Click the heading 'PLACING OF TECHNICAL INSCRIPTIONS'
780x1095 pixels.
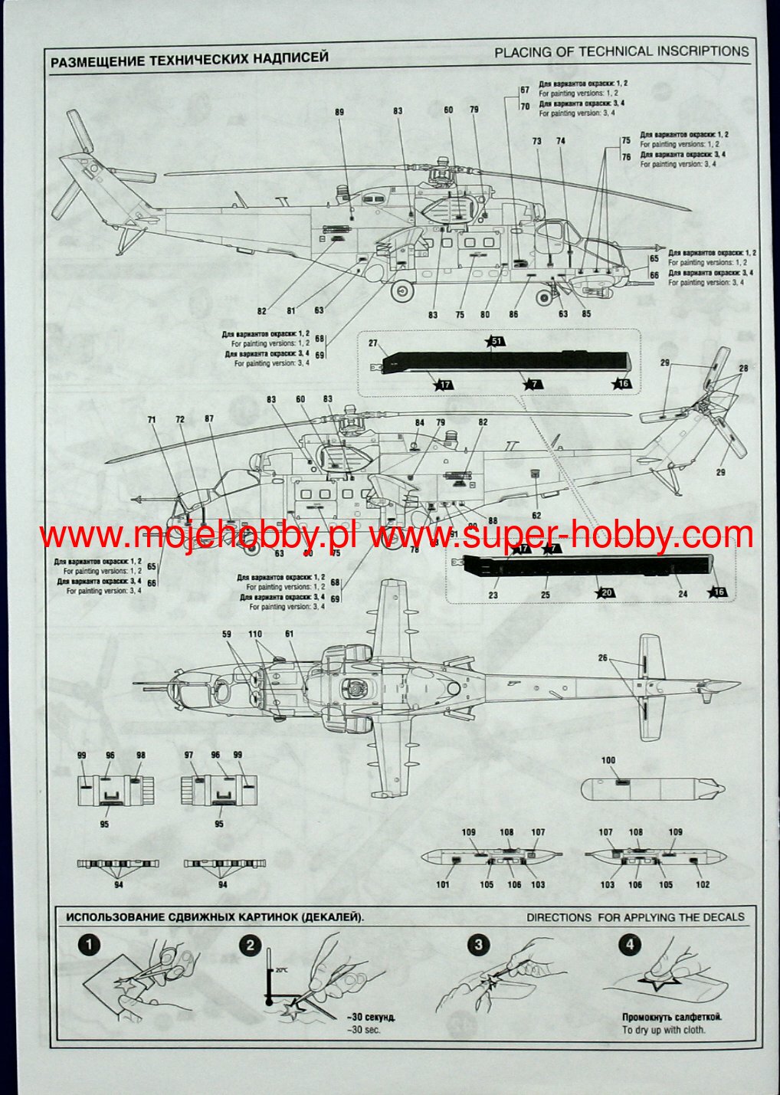click(621, 52)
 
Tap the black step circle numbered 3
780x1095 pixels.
click(479, 945)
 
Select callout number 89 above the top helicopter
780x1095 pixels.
click(339, 113)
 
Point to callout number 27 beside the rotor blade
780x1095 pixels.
click(373, 343)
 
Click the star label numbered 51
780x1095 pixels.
click(496, 341)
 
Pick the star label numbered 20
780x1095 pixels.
click(605, 592)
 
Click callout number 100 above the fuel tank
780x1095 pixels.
click(608, 761)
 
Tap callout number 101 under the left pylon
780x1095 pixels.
click(443, 884)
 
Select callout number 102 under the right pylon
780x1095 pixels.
click(703, 884)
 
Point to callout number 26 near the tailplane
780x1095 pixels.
click(602, 658)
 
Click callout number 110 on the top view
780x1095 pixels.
click(255, 634)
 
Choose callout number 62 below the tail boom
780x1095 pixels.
click(536, 516)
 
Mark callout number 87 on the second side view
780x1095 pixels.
click(209, 419)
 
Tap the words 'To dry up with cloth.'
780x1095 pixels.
click(664, 1030)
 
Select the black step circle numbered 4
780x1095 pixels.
click(630, 945)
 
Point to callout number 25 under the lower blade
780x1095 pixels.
click(545, 595)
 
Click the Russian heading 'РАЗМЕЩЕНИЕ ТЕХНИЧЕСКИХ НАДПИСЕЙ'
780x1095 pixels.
click(189, 58)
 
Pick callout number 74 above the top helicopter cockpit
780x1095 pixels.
click(561, 142)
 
